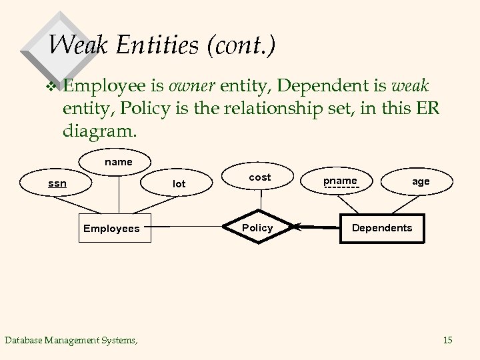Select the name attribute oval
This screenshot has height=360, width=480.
(119, 162)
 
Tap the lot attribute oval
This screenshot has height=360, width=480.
(179, 183)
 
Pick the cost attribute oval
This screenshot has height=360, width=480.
(259, 177)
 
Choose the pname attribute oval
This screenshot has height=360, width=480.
(340, 181)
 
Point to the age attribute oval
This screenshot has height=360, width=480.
(421, 181)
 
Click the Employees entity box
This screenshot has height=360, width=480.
(111, 229)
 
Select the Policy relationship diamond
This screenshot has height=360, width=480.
(257, 228)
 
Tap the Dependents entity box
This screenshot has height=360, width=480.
(382, 228)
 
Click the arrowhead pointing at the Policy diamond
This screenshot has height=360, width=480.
(297, 228)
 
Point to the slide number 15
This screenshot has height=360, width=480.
(447, 341)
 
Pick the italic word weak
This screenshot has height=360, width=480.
(413, 86)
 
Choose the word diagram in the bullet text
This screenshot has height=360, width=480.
(101, 130)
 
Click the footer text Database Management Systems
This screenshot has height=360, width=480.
(71, 341)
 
